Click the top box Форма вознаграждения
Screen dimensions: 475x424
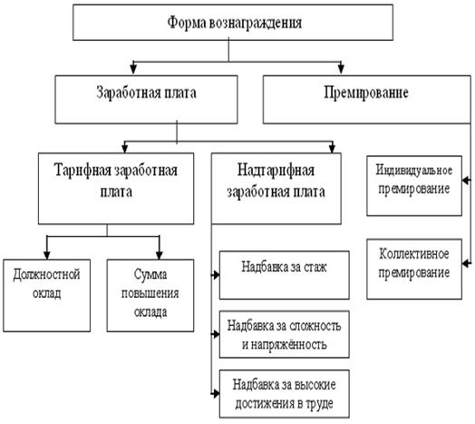233,23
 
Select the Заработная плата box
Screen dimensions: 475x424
146,100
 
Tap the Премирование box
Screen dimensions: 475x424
367,100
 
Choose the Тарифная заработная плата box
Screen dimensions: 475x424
116,189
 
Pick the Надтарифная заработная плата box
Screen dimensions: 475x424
276,189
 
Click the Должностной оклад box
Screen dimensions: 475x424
46,295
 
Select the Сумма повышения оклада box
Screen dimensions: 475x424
150,295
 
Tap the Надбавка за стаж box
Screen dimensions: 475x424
284,275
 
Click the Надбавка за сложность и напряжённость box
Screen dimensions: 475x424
284,334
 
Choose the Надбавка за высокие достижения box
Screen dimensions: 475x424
284,394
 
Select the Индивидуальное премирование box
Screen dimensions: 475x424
414,186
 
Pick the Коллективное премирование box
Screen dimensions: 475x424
414,269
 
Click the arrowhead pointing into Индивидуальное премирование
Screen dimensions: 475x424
466,181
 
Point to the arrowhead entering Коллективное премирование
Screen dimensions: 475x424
466,263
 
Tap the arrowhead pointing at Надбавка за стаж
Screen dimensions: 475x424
216,275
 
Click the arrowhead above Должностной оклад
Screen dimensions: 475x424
46,255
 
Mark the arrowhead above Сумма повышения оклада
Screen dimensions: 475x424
160,255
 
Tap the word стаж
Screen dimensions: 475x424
315,268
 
